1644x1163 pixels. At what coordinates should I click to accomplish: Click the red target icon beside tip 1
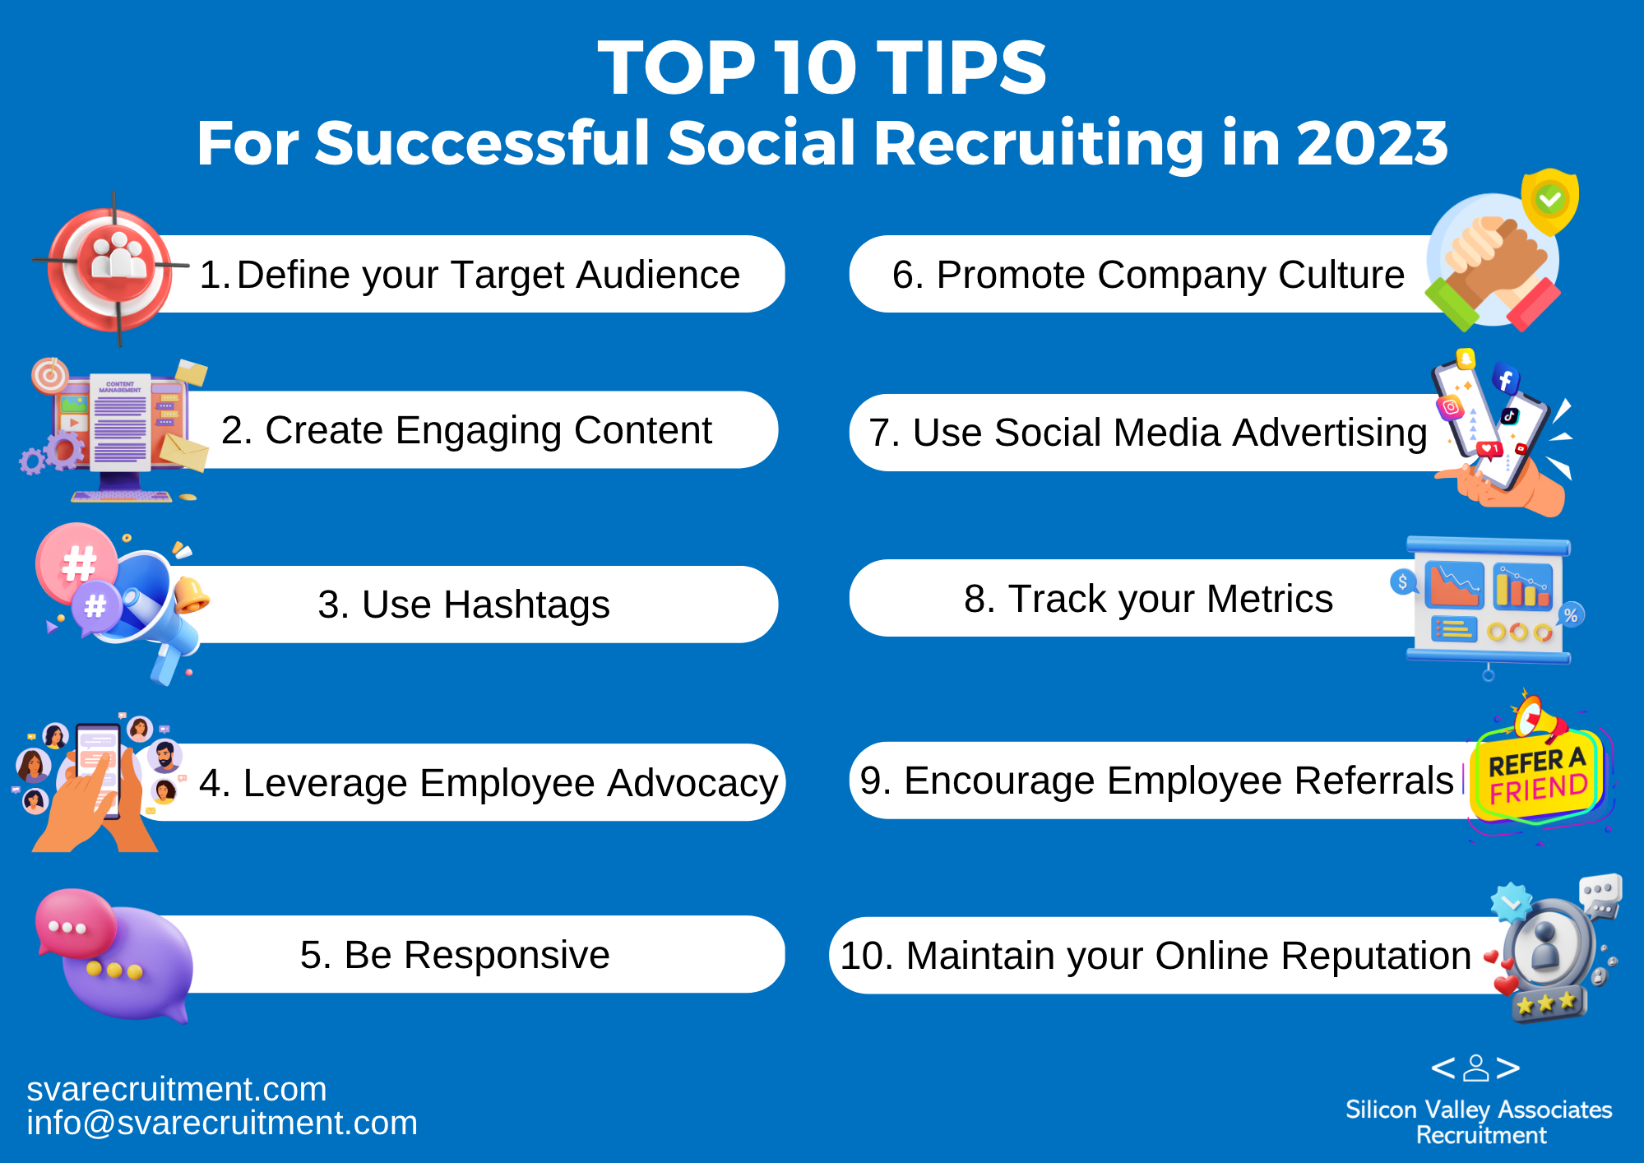112,266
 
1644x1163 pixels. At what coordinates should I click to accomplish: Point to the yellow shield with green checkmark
1549,201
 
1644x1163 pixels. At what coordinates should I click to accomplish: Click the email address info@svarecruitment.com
222,1124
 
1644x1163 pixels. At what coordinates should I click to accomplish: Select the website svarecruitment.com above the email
177,1089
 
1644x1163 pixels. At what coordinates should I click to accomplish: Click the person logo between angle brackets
1475,1068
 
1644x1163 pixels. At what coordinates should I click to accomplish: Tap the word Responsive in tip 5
477,956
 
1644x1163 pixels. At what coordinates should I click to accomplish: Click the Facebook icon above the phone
1505,379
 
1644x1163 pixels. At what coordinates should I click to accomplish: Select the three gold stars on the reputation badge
1545,1003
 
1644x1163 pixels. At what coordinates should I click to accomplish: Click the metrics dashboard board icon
1489,604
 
